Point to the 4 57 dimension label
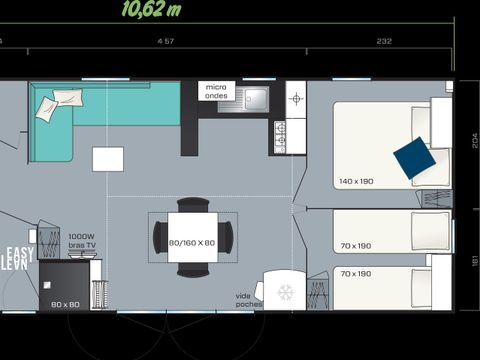coord(166,41)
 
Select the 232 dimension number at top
coord(384,41)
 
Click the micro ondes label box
coord(216,92)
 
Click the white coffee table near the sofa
coord(108,159)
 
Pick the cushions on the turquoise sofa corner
coord(60,102)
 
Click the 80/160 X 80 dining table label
coord(192,242)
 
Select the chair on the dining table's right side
coord(227,237)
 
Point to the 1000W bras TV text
coord(82,240)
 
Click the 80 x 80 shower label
coord(64,303)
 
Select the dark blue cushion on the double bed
coord(413,157)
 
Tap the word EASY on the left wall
coord(20,252)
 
